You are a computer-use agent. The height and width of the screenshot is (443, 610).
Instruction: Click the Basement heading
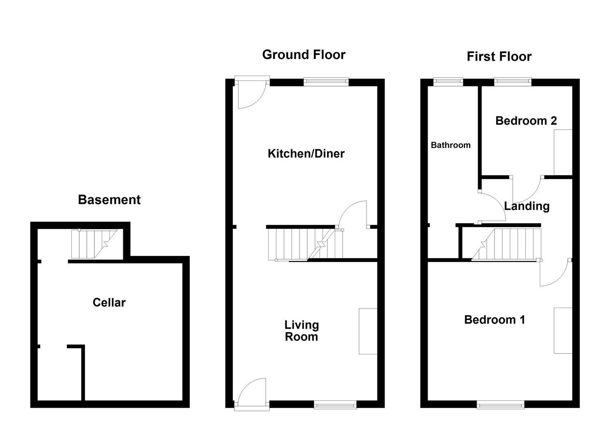109,200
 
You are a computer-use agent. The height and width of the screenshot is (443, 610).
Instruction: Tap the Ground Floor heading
304,55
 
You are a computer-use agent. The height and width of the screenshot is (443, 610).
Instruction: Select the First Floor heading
499,57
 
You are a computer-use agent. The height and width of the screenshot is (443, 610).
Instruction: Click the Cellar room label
109,303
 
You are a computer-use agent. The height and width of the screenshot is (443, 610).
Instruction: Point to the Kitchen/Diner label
306,154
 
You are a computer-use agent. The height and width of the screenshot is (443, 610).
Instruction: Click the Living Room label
302,331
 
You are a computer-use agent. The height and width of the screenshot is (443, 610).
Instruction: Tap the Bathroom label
451,145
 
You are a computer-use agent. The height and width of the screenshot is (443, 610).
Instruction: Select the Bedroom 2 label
526,121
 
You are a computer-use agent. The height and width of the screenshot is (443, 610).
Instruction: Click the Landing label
527,206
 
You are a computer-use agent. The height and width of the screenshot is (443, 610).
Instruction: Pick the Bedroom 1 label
495,320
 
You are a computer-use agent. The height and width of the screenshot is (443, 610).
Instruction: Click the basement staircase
94,244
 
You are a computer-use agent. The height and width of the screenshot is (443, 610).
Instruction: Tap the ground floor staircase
305,244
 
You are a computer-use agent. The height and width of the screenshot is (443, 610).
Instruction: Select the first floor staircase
506,244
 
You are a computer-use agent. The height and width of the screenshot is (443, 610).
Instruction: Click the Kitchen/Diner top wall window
326,82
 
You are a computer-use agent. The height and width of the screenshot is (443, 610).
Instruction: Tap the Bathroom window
448,82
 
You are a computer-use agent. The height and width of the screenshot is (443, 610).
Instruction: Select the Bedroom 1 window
500,405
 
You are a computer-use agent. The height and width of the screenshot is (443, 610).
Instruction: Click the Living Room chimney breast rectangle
368,331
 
